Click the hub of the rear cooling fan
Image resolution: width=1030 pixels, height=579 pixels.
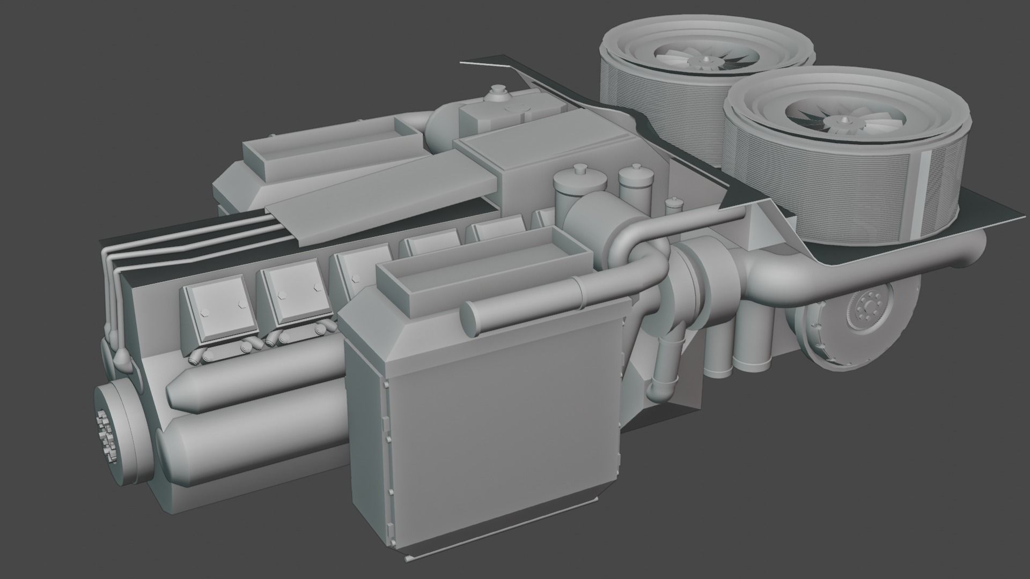(x=703, y=61)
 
